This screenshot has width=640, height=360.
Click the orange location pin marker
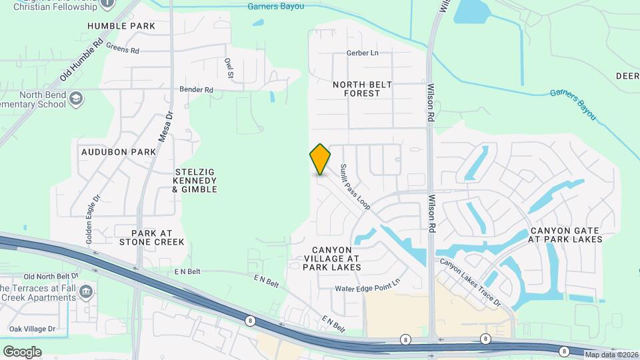click(320, 159)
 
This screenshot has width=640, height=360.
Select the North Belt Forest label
click(362, 89)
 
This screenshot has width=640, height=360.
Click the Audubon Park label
click(119, 152)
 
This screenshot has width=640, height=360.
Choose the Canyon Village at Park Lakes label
click(331, 258)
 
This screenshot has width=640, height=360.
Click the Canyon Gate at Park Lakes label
click(565, 234)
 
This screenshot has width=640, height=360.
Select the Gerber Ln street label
click(362, 53)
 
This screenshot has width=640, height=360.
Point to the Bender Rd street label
click(196, 89)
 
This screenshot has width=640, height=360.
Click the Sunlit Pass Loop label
click(355, 187)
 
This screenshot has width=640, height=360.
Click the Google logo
click(22, 351)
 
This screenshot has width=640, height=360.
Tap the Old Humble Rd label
click(81, 59)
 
